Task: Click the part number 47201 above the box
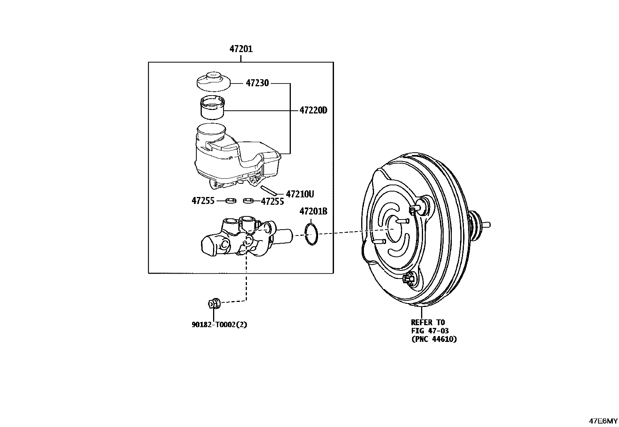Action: tap(241, 49)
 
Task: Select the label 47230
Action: tap(257, 83)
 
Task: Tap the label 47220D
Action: tap(313, 110)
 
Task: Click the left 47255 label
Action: tap(203, 201)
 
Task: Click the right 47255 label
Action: tap(272, 201)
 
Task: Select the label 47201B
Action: tap(313, 211)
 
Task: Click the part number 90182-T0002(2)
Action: tap(219, 324)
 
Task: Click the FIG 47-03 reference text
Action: tap(430, 331)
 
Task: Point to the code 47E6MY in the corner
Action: tap(603, 421)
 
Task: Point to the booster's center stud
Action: tap(400, 221)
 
